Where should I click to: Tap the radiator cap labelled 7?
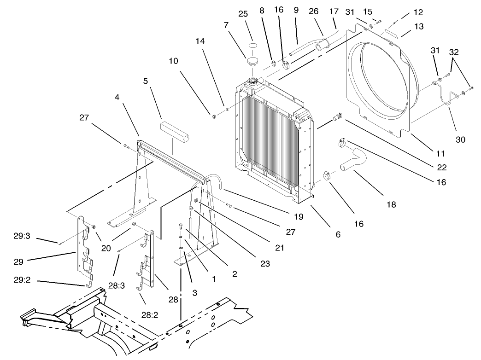252,61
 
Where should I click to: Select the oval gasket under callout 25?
252,45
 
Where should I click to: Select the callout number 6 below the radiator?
338,234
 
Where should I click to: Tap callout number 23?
265,264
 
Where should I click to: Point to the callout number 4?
117,98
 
